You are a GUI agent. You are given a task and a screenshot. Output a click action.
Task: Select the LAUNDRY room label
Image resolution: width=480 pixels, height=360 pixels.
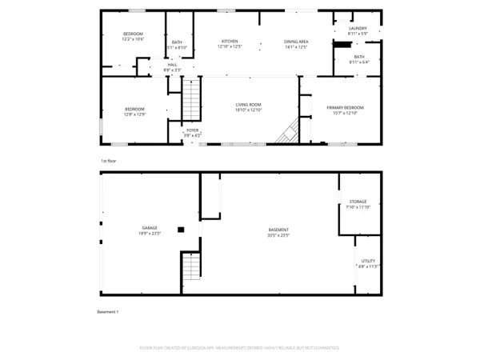(x=358, y=29)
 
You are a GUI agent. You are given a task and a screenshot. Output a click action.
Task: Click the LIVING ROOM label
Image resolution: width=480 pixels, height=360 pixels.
(x=249, y=105)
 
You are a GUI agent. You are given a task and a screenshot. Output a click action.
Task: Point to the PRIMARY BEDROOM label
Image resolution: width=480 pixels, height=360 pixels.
(x=345, y=107)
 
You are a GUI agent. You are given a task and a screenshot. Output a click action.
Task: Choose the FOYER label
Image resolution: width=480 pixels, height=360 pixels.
(x=192, y=130)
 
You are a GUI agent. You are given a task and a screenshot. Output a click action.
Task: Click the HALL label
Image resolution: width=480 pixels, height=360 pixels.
(x=172, y=65)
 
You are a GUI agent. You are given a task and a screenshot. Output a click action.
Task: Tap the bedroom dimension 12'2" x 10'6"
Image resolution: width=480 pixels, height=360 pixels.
(x=132, y=38)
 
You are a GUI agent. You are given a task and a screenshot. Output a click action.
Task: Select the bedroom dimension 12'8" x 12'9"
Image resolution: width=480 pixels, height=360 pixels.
(x=134, y=114)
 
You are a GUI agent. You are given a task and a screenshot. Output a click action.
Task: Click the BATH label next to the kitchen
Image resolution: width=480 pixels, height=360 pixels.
(x=177, y=42)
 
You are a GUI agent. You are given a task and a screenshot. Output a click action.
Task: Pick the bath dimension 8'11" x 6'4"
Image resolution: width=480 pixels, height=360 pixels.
(x=359, y=61)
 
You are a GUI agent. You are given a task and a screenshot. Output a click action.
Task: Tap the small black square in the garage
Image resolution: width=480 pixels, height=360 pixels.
(x=181, y=230)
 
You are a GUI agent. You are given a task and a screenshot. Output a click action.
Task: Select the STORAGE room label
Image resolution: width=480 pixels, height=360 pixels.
(x=358, y=202)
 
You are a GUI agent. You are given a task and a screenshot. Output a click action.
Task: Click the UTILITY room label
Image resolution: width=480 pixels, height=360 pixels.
(x=368, y=260)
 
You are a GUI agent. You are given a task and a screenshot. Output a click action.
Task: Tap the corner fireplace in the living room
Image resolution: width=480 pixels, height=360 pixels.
(x=287, y=133)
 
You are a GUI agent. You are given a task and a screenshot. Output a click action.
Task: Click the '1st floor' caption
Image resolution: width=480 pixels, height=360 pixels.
(x=109, y=161)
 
